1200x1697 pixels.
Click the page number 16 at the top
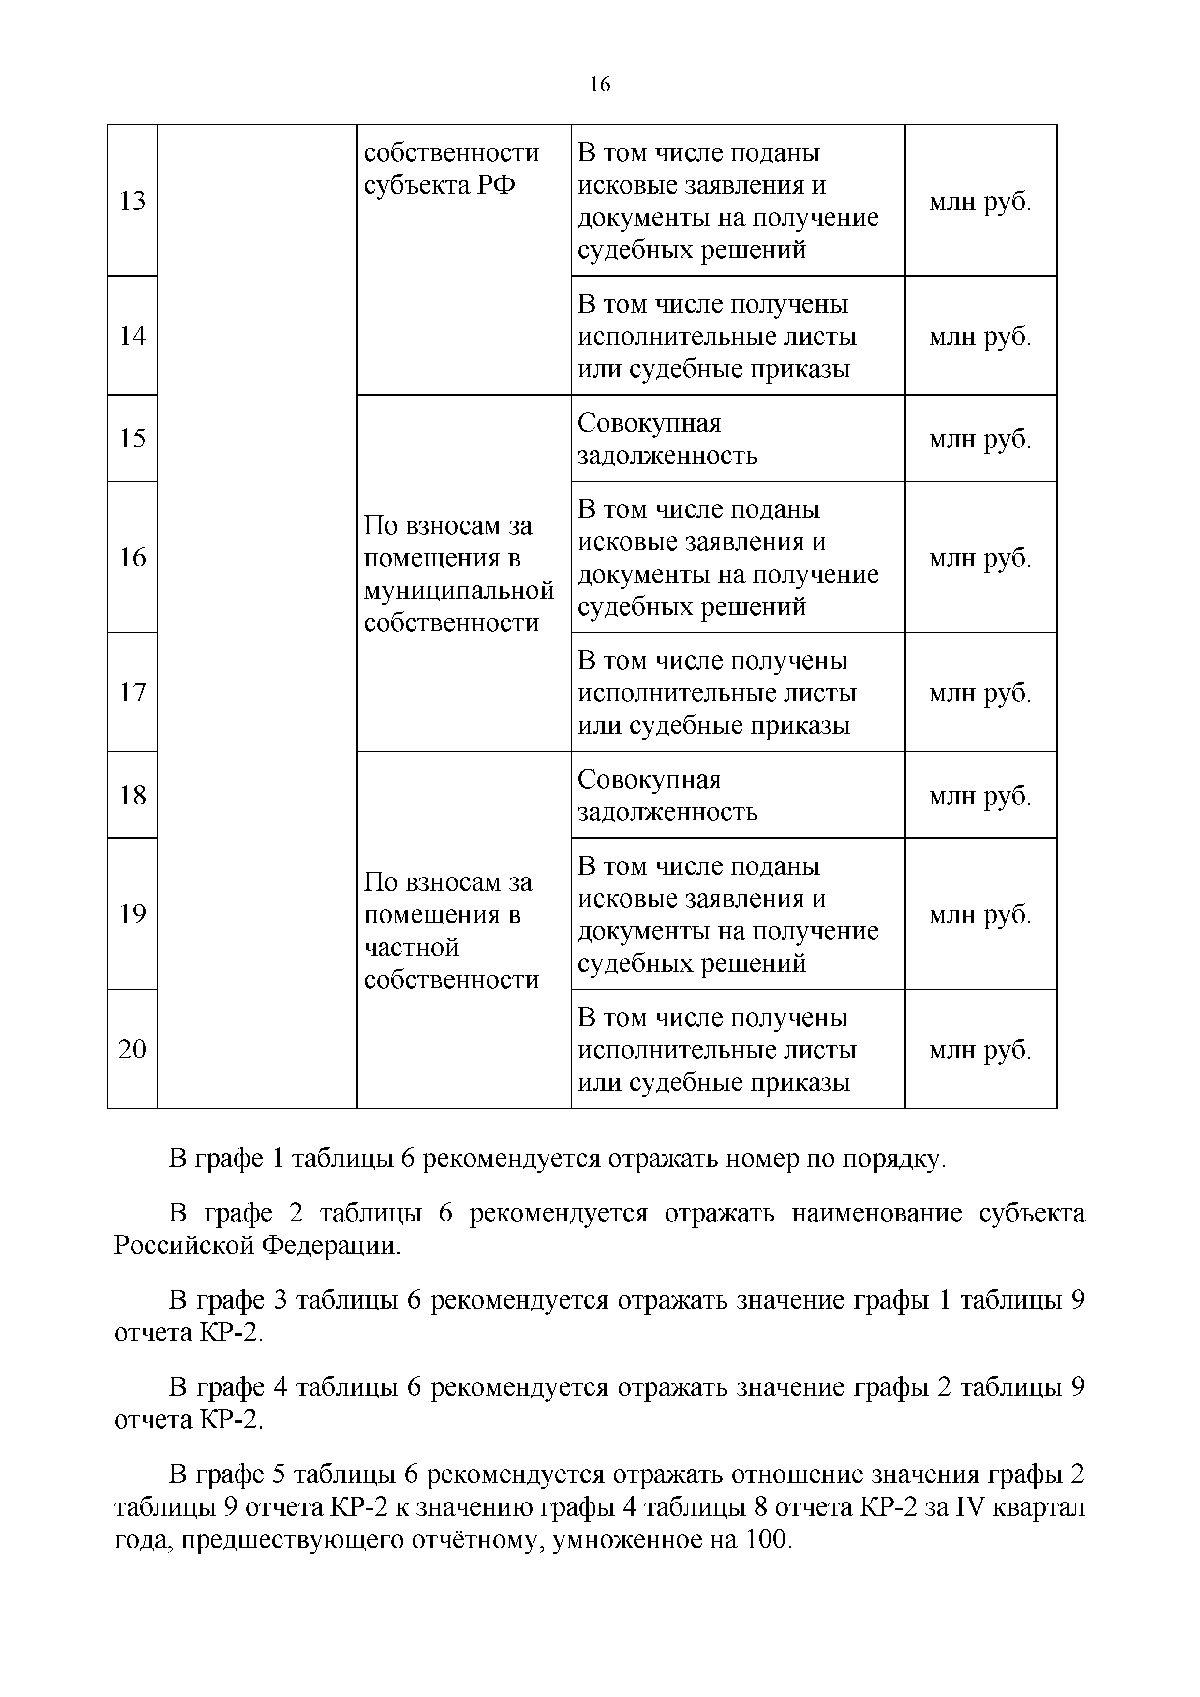click(599, 85)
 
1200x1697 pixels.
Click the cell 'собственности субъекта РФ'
click(451, 168)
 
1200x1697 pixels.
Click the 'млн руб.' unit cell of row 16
click(980, 558)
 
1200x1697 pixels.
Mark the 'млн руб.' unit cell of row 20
click(980, 1050)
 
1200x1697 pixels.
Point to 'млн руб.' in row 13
click(980, 202)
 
